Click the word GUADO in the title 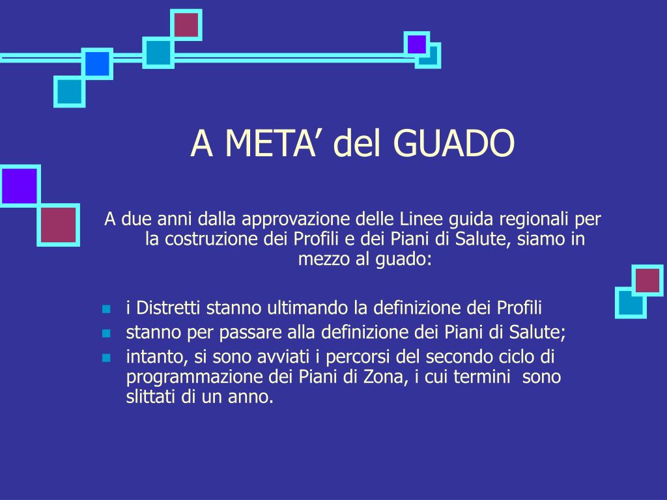pyautogui.click(x=454, y=143)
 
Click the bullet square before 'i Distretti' pyautogui.click(x=106, y=309)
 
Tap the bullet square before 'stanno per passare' pyautogui.click(x=106, y=333)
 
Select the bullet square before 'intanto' pyautogui.click(x=106, y=358)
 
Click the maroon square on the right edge pyautogui.click(x=647, y=280)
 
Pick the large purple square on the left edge pyautogui.click(x=20, y=186)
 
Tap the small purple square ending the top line pyautogui.click(x=416, y=44)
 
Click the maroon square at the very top pyautogui.click(x=186, y=25)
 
